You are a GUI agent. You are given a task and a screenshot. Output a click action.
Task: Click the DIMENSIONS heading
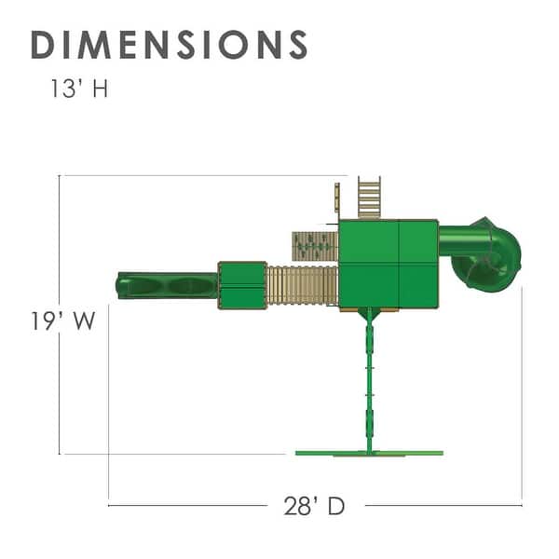pyautogui.click(x=170, y=45)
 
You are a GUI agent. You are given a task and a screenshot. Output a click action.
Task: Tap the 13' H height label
pyautogui.click(x=79, y=89)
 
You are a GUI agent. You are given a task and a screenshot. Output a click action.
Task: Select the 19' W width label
pyautogui.click(x=63, y=320)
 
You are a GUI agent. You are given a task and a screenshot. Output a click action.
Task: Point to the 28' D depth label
pyautogui.click(x=314, y=506)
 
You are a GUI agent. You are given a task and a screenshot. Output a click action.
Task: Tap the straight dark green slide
pyautogui.click(x=167, y=285)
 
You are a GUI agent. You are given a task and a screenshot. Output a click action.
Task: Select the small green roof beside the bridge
pyautogui.click(x=242, y=286)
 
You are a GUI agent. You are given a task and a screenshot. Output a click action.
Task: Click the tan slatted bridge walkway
pyautogui.click(x=302, y=285)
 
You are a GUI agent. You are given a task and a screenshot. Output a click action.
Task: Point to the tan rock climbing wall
pyautogui.click(x=315, y=246)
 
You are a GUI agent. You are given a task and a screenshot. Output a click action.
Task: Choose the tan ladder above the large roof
pyautogui.click(x=369, y=198)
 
